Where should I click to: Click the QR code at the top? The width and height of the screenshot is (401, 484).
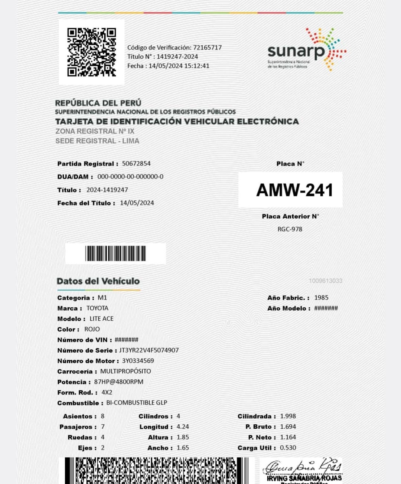click(x=91, y=52)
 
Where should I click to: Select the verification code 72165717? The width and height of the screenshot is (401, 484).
click(x=207, y=48)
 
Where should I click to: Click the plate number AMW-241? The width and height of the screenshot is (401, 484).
click(x=294, y=190)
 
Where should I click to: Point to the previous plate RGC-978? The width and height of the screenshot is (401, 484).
click(x=290, y=229)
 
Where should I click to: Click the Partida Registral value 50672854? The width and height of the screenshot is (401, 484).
click(x=136, y=163)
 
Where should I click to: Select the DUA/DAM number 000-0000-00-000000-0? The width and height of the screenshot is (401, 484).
click(x=130, y=177)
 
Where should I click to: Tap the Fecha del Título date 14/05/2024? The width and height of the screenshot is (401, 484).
click(x=137, y=203)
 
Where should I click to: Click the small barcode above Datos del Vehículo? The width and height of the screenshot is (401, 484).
click(x=115, y=254)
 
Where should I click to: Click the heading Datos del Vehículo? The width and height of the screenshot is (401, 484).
click(x=98, y=281)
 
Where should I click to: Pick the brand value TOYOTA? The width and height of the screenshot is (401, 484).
click(x=97, y=308)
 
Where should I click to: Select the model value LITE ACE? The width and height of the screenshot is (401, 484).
click(x=101, y=318)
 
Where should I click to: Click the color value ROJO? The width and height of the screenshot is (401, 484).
click(x=92, y=329)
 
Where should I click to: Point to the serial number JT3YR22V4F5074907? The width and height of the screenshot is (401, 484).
click(x=149, y=350)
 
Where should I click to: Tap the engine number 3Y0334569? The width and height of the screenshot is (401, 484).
click(x=138, y=361)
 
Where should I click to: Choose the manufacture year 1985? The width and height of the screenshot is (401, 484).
click(x=321, y=297)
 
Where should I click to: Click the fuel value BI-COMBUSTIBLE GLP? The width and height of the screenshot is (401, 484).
click(x=137, y=403)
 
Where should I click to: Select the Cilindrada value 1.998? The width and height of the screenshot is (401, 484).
click(x=288, y=416)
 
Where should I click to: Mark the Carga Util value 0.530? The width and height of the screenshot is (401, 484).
click(x=288, y=448)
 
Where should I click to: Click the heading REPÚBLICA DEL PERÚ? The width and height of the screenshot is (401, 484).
click(x=98, y=103)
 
